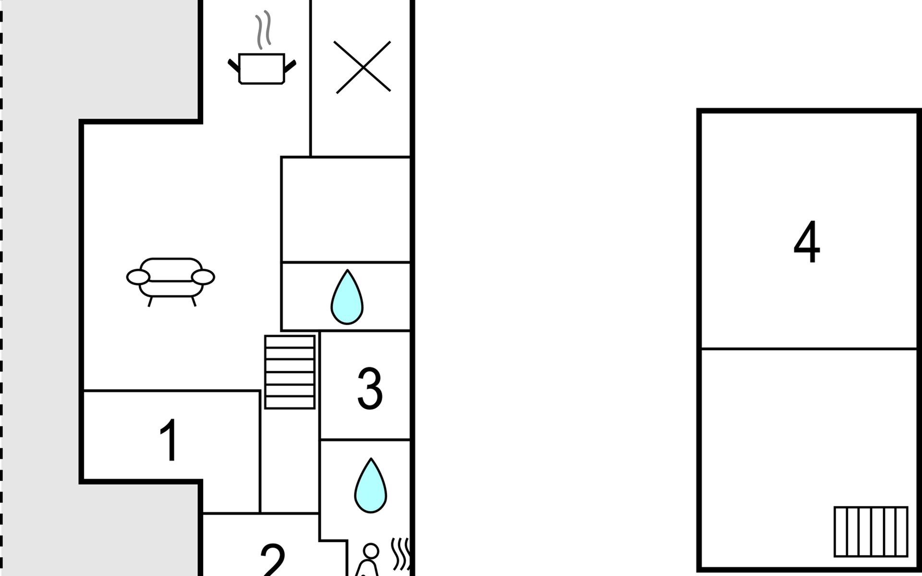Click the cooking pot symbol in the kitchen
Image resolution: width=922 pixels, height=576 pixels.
tap(262, 69)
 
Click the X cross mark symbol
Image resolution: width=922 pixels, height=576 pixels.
tap(363, 67)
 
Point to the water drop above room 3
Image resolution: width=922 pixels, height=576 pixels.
tap(347, 297)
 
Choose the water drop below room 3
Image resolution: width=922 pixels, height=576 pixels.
tap(370, 485)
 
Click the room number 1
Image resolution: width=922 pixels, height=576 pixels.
tap(169, 440)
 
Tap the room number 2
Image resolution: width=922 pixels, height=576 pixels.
tap(273, 560)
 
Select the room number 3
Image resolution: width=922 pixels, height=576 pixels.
tap(370, 388)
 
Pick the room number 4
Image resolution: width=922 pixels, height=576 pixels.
tap(807, 242)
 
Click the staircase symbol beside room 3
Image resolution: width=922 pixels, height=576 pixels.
tap(290, 372)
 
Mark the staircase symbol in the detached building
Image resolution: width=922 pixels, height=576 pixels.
tap(871, 531)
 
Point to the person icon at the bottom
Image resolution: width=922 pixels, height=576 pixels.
tap(369, 561)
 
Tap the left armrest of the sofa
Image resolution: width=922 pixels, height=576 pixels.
tap(138, 277)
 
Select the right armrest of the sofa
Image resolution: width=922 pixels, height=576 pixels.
tap(203, 277)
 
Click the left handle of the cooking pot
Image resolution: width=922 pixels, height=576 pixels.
tap(234, 66)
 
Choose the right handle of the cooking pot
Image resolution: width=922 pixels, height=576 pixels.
tap(290, 66)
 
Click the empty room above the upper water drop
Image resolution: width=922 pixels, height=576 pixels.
tap(346, 209)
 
